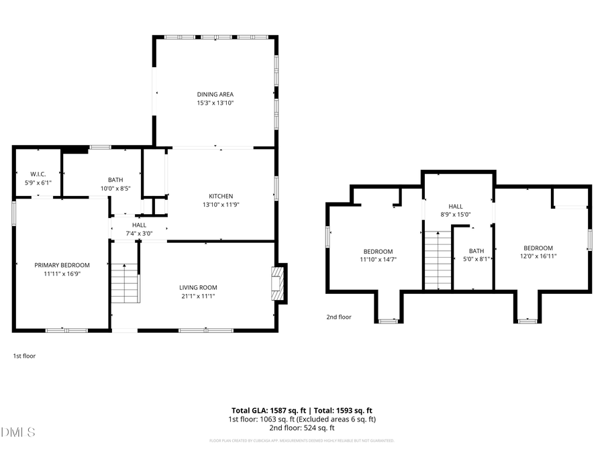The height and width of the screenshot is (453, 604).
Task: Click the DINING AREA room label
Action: (215, 95)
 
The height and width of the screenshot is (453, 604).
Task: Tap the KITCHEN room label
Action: (221, 196)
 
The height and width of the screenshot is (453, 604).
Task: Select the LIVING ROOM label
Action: (197, 287)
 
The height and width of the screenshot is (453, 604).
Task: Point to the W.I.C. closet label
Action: (38, 174)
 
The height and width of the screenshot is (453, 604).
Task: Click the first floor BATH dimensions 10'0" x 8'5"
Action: (115, 189)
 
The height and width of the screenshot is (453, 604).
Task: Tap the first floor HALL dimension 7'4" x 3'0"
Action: (139, 234)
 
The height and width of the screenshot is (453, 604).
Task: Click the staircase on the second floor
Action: (437, 259)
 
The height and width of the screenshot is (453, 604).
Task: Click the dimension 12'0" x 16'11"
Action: (538, 256)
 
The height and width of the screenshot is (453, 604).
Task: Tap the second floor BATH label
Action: (476, 250)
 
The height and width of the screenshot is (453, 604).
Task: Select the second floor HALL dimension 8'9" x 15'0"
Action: (456, 215)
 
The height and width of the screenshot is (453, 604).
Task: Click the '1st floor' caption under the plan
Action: (24, 356)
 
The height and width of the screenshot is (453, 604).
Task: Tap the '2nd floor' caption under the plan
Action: (339, 317)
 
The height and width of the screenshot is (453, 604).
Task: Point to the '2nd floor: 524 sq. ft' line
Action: (301, 427)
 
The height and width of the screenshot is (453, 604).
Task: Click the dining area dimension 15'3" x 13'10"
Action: (215, 103)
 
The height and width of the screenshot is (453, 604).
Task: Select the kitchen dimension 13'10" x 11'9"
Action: (221, 205)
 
